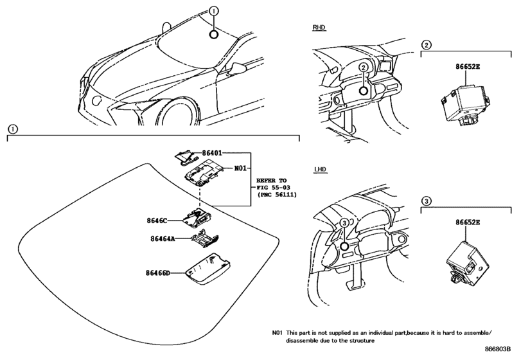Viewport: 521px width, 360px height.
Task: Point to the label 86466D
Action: [x=159, y=273]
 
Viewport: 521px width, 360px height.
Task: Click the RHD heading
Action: [x=320, y=28]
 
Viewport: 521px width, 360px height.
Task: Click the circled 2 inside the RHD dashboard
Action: [x=364, y=67]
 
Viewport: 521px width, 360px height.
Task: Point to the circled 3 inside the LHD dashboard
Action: [x=344, y=222]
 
